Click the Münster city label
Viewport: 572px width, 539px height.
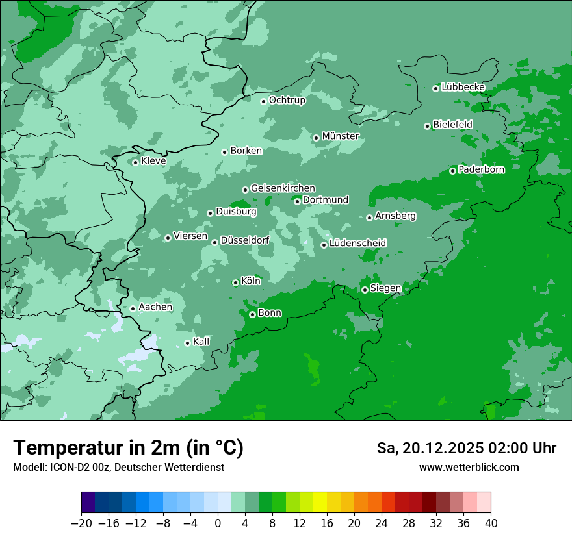341,136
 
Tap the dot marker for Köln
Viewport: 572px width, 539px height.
235,282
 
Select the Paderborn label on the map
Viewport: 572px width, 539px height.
481,170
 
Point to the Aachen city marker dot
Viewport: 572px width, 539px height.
133,308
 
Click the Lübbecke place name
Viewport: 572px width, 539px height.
463,87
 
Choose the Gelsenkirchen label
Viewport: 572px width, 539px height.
283,188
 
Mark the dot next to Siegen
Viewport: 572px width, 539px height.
365,290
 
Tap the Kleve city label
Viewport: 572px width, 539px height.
153,161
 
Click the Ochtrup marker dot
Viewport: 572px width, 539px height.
263,101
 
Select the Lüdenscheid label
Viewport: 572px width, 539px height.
357,244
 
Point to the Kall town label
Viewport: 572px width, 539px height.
201,342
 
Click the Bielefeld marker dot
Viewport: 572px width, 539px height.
427,126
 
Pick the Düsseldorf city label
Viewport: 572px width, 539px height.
245,241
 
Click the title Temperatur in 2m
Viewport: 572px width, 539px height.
128,448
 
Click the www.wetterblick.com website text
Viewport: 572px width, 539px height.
469,468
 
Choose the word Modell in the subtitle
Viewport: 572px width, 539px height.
28,468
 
